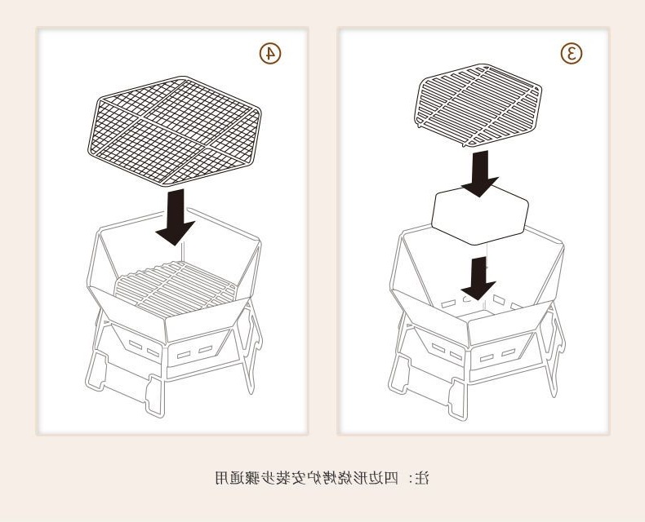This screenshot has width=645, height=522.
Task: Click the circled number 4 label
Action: (x=270, y=53)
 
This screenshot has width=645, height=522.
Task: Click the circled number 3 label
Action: (x=572, y=53)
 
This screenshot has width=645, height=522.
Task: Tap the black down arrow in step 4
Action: (x=175, y=217)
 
